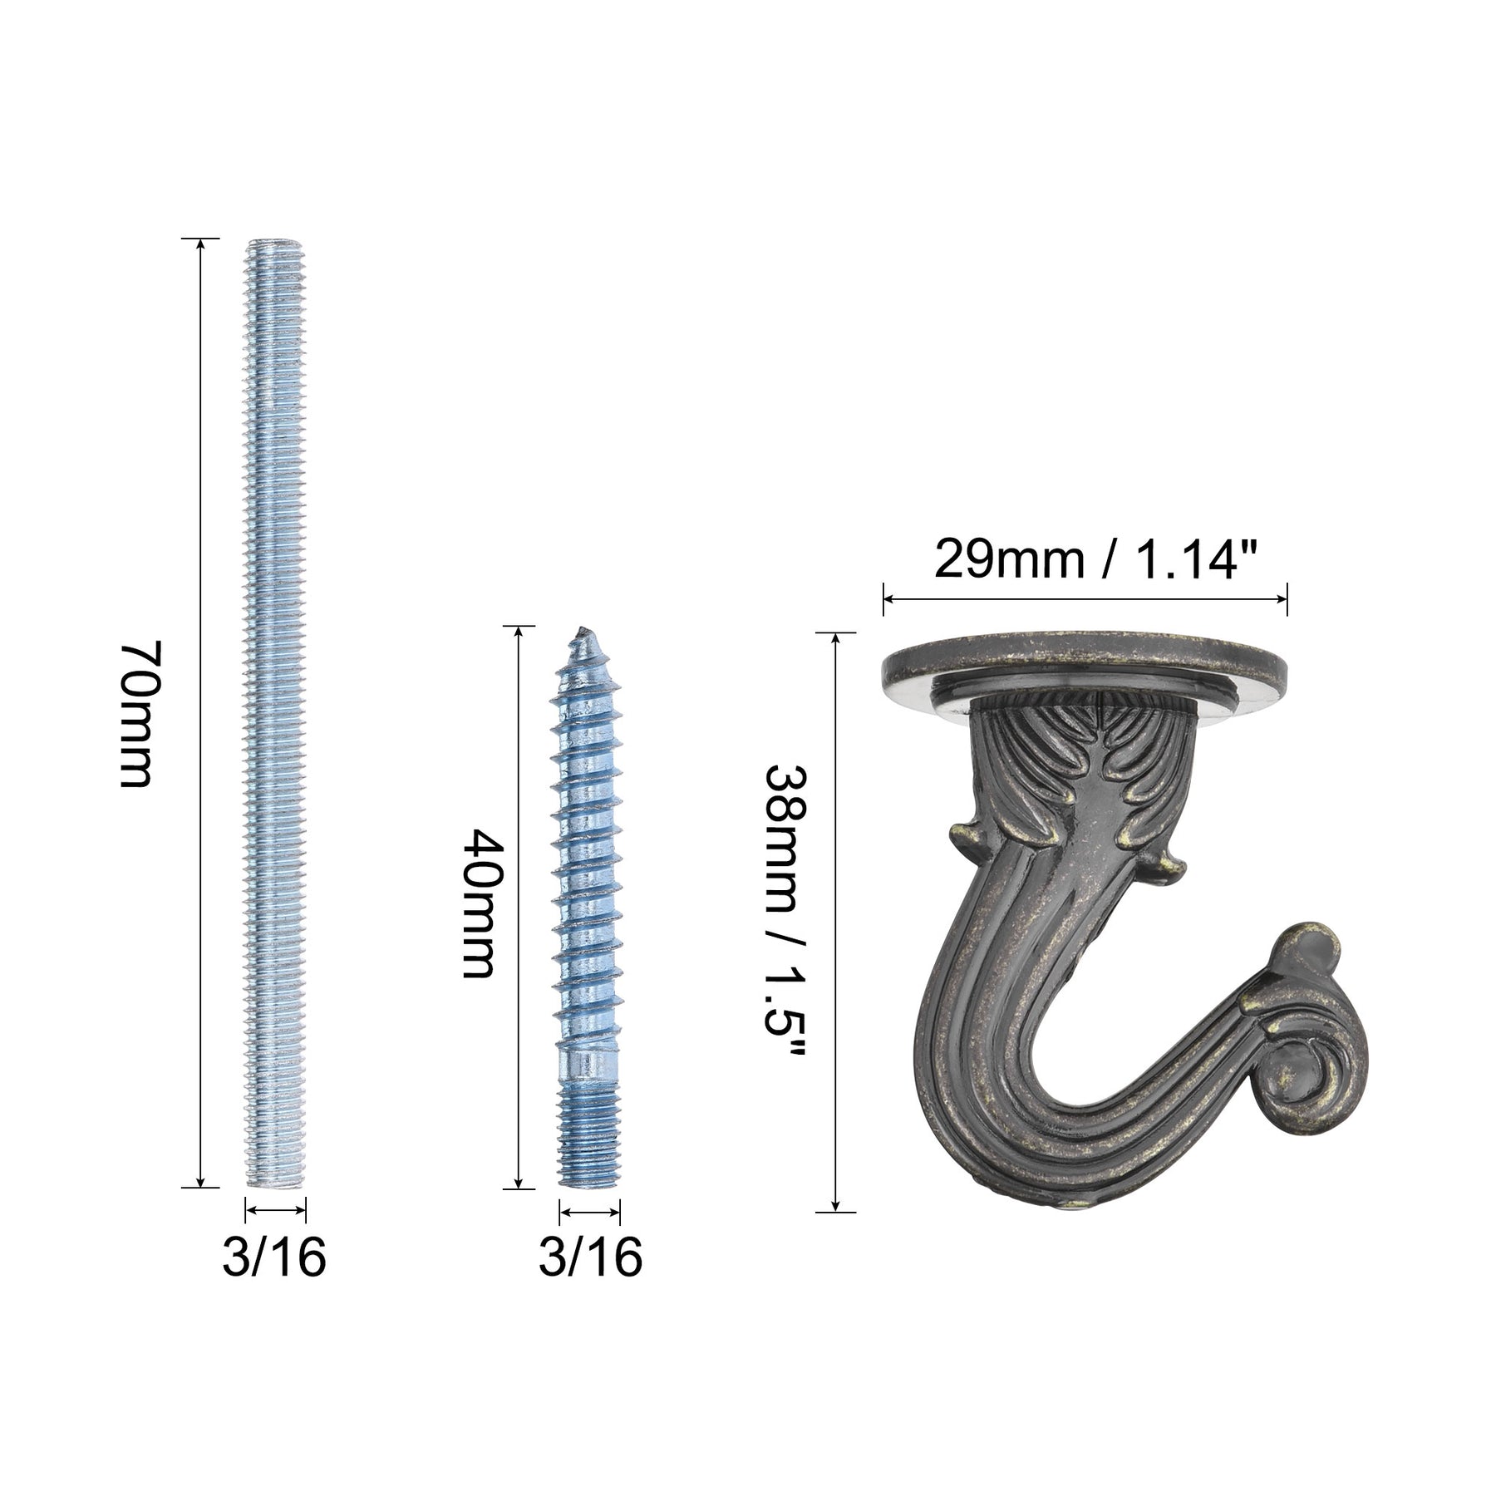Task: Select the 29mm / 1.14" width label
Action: pos(1085,559)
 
